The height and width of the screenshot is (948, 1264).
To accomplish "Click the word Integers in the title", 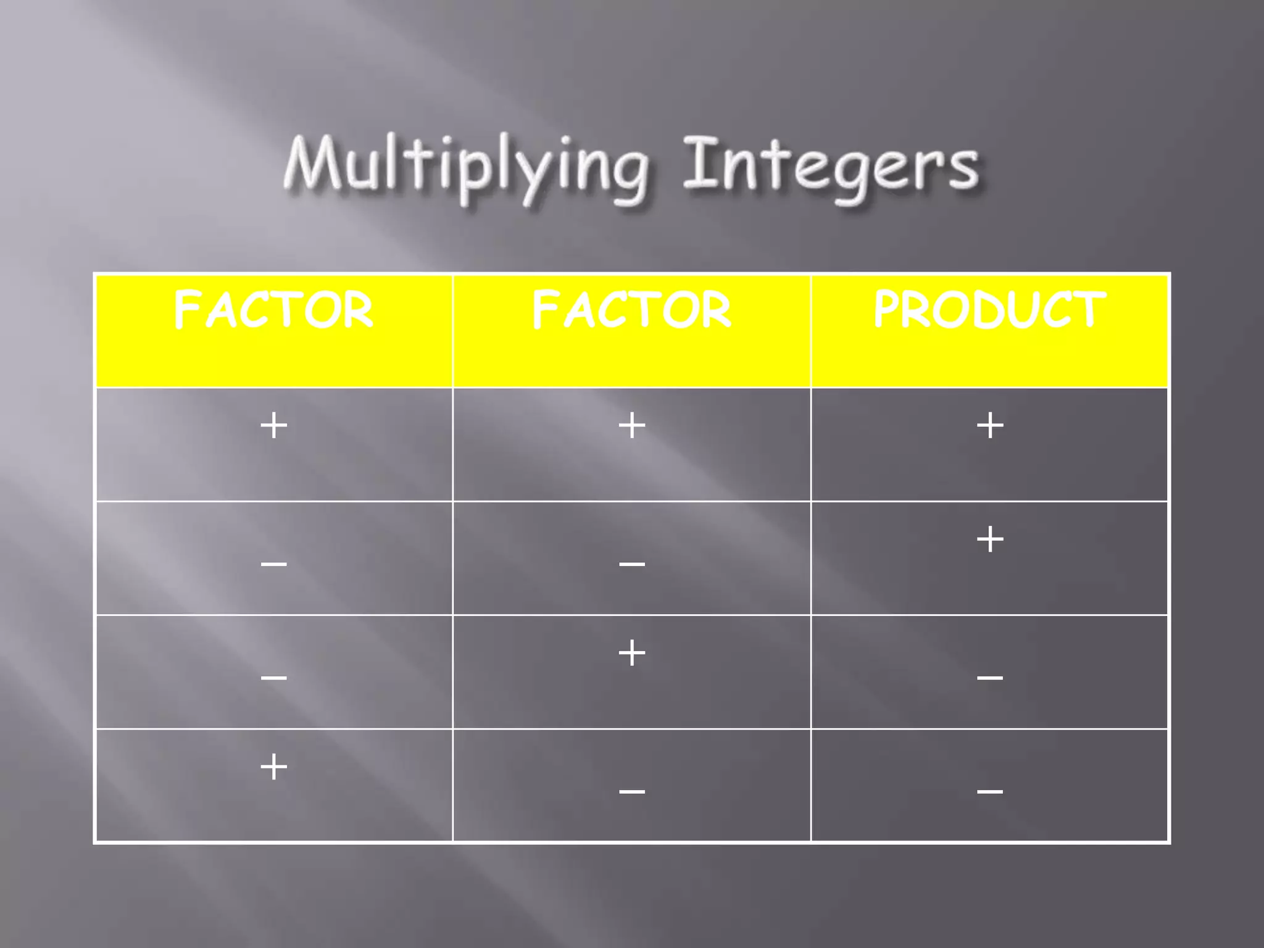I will point(830,165).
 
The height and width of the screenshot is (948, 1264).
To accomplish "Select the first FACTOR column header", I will point(273,310).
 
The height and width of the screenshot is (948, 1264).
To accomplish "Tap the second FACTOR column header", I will point(631,310).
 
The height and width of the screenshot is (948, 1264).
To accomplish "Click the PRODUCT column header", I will point(989,309).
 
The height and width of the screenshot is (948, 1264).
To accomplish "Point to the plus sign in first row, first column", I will point(274,426).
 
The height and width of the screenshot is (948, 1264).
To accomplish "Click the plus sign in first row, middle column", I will point(632,426).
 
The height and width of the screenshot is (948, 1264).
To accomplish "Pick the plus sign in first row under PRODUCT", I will point(990,426).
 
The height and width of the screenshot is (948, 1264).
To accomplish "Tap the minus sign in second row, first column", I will point(274,563).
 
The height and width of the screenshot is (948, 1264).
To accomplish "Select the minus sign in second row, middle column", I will point(632,563).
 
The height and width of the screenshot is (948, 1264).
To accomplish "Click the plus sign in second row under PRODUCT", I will point(990,539).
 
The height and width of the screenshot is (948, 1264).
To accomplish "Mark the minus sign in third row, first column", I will point(274,678).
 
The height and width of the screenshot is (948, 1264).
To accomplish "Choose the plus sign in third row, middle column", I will point(632,653).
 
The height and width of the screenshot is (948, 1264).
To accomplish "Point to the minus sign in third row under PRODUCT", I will point(990,678).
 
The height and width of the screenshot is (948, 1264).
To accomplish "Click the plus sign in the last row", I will point(274,767).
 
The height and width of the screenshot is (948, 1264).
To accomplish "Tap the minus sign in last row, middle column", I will point(632,791).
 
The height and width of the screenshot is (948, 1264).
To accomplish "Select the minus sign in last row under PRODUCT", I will point(990,791).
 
